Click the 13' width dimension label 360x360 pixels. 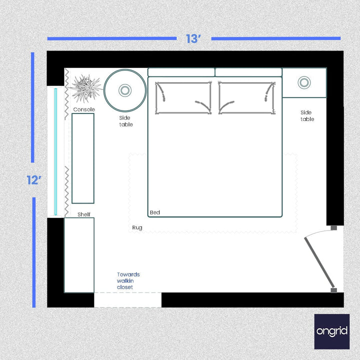click(x=193, y=38)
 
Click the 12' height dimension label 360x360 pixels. click(x=33, y=180)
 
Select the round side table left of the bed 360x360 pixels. click(x=125, y=90)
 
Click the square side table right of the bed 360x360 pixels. click(x=304, y=83)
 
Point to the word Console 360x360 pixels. click(x=84, y=109)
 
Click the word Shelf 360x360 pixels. click(x=84, y=214)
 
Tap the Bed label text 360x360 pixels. click(x=155, y=212)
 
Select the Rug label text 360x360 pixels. click(x=137, y=227)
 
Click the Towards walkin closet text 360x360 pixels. click(x=128, y=280)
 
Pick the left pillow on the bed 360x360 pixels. click(x=183, y=97)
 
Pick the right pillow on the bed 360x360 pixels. click(x=247, y=97)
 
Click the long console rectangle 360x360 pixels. click(x=83, y=158)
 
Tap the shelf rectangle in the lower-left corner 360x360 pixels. click(x=79, y=255)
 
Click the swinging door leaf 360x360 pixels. click(x=319, y=262)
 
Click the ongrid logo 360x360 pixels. click(x=332, y=331)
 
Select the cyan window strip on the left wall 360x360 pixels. click(x=56, y=150)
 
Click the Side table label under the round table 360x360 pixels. click(x=126, y=121)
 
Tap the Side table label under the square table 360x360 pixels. click(x=307, y=116)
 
